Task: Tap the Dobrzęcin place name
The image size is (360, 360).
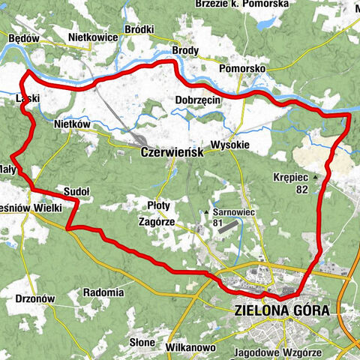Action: (x=196, y=99)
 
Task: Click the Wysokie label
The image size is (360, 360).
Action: (x=229, y=145)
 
